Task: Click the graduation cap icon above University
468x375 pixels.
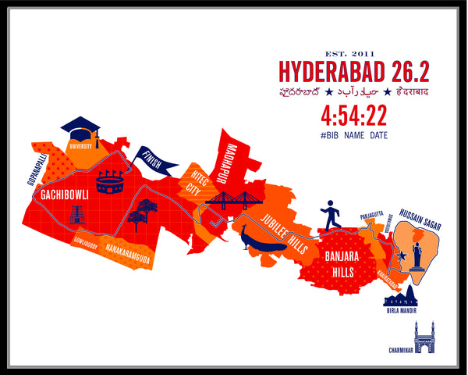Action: [80, 127]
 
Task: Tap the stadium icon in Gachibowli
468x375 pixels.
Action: [110, 181]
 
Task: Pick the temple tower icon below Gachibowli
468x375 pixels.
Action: [76, 214]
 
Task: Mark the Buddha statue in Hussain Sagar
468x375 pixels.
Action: [417, 255]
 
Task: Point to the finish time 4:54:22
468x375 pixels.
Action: [353, 116]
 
